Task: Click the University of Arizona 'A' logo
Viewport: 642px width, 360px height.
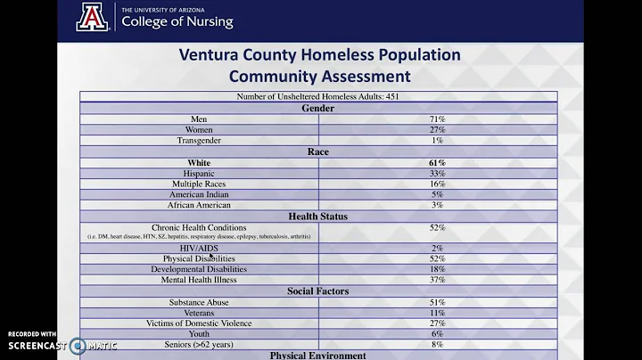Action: coord(91,17)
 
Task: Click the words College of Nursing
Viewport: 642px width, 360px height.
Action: coord(177,22)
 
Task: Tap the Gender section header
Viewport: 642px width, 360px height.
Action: coord(318,108)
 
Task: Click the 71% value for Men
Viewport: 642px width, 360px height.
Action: coord(437,119)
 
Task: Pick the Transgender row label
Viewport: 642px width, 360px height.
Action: coord(199,140)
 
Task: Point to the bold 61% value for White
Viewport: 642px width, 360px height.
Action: coord(437,162)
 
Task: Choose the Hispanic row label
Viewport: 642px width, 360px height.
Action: coord(199,173)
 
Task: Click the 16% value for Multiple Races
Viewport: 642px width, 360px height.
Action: coord(437,184)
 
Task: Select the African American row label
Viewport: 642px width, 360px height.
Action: coord(199,205)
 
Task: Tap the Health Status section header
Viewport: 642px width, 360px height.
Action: coord(318,217)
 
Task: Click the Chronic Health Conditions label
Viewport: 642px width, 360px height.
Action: coord(199,227)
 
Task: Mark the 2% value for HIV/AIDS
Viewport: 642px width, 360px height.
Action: coord(437,248)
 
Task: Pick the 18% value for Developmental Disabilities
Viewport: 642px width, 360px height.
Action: coord(437,269)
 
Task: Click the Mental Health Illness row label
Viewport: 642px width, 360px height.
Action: coord(199,280)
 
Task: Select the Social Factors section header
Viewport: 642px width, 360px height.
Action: coord(318,291)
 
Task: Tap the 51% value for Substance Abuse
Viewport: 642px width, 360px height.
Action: coord(437,302)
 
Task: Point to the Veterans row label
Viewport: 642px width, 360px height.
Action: coord(199,313)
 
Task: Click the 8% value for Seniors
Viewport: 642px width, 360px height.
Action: coord(437,344)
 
